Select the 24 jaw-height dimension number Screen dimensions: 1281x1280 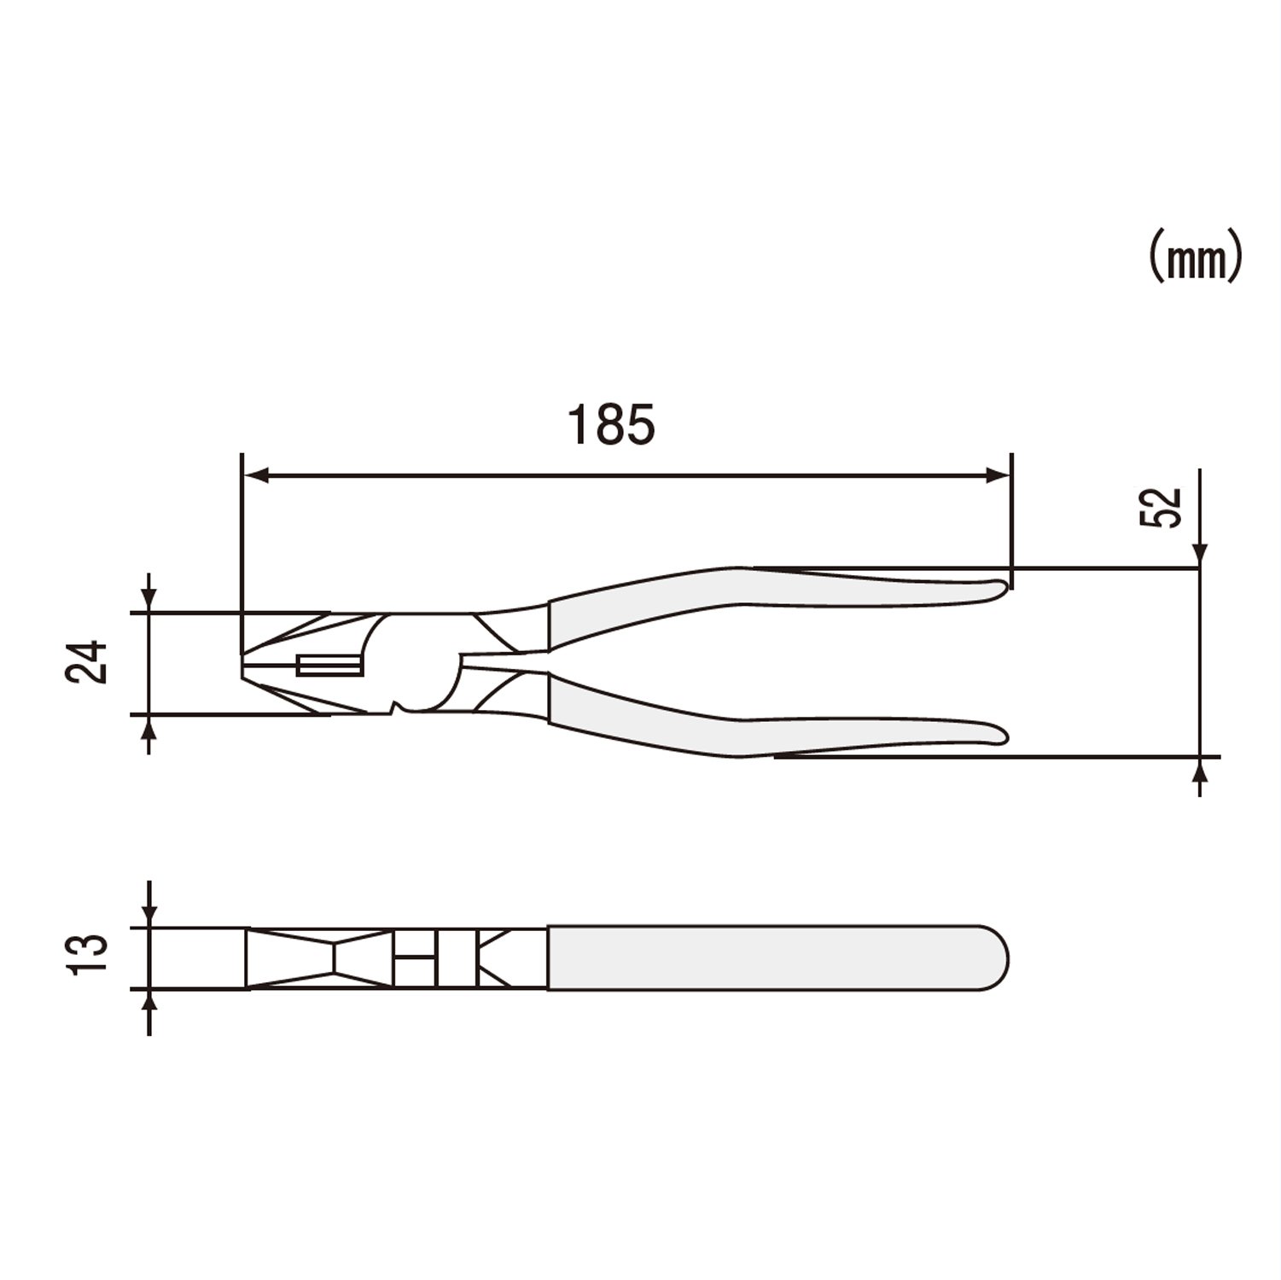[88, 661]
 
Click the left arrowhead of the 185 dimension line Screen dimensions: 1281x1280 [256, 476]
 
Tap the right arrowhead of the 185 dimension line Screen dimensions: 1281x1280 [998, 476]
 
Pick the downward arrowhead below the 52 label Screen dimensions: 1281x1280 [1201, 555]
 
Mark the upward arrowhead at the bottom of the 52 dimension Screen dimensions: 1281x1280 [1201, 770]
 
